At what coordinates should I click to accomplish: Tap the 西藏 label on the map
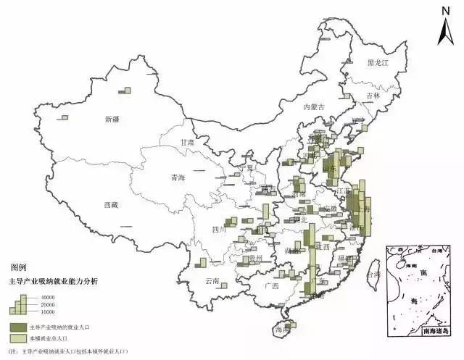point(111,205)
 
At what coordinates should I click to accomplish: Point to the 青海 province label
point(178,177)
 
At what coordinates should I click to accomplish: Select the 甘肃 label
point(188,143)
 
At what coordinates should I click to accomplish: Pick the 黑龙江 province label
point(378,64)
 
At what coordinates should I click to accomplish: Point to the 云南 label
point(212,280)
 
